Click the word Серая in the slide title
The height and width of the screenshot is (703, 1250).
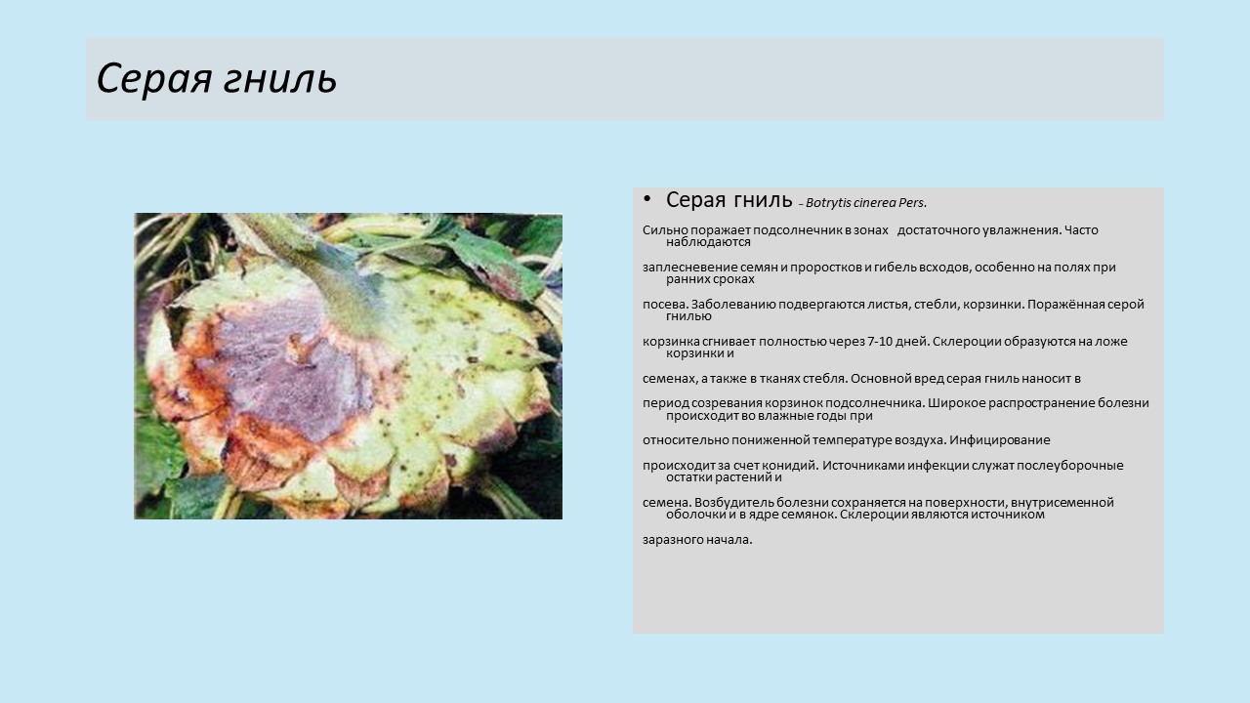[154, 78]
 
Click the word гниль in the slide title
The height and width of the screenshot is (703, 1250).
[280, 78]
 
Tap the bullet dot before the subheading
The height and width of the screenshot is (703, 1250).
[646, 199]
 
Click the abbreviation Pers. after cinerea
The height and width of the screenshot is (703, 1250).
[912, 203]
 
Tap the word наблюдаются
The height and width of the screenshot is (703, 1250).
[708, 242]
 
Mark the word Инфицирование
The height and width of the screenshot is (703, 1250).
[999, 440]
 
